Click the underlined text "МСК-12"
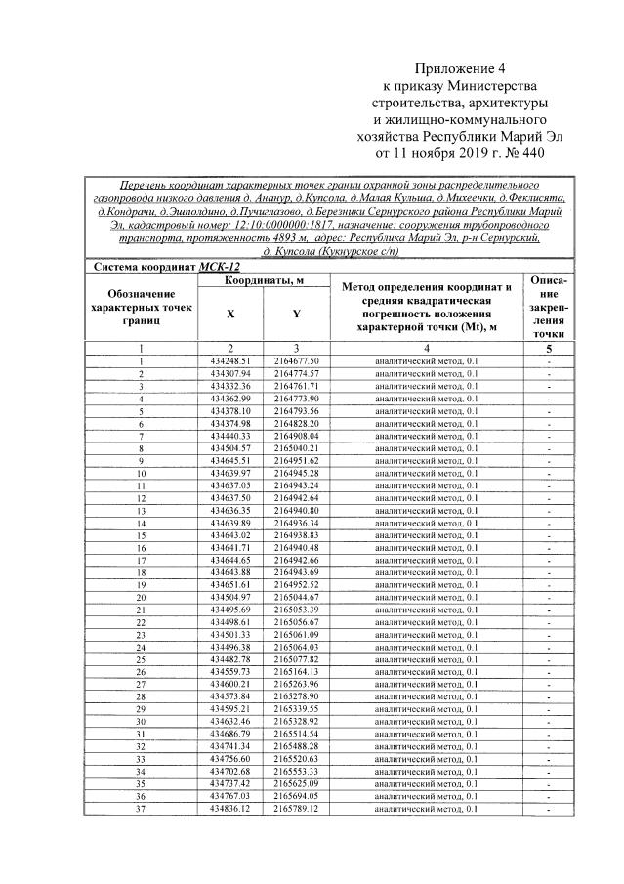(219, 265)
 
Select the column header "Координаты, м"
(264, 280)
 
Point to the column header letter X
(230, 315)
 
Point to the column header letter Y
(297, 315)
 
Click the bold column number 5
(548, 348)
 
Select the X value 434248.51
(230, 361)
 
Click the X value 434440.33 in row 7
(230, 436)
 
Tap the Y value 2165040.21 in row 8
(297, 448)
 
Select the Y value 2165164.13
(297, 672)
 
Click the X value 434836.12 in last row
(230, 808)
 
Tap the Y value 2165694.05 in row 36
(297, 796)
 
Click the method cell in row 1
(427, 361)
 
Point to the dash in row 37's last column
(548, 809)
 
